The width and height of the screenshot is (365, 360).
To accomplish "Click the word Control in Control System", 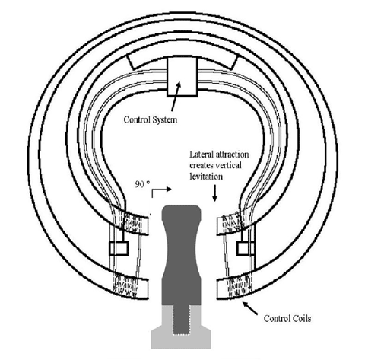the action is click(x=136, y=119).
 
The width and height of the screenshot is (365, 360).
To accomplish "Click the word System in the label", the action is click(x=164, y=119).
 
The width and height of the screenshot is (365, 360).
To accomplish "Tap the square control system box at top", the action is click(x=182, y=77).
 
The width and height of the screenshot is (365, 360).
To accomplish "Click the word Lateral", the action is click(x=202, y=155).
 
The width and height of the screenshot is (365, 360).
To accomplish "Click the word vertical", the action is click(x=228, y=165).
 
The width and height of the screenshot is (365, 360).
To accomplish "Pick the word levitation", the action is click(x=206, y=177).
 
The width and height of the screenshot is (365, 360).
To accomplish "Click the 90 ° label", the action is click(x=142, y=184).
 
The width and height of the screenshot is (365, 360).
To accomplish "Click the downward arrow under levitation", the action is click(x=214, y=193).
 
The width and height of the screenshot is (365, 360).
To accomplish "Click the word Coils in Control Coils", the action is click(x=302, y=318).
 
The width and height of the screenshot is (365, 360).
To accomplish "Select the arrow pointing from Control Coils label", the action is click(x=250, y=308).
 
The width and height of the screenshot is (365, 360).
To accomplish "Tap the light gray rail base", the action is click(x=181, y=341).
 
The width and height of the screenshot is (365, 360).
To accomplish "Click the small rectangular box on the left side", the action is click(x=119, y=248).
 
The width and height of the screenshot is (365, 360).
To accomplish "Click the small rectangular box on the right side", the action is click(x=246, y=248).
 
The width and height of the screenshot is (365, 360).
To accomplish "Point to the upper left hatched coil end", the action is click(x=132, y=221).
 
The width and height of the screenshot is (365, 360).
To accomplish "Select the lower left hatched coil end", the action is click(x=129, y=287).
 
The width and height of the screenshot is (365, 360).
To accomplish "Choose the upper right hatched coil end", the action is click(x=232, y=221).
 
